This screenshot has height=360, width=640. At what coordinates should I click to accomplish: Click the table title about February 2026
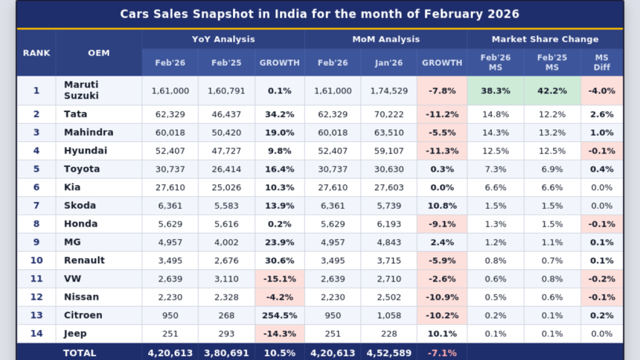(x=319, y=14)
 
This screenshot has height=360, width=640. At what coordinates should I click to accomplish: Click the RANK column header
(x=36, y=53)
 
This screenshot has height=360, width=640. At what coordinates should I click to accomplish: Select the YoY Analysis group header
(x=223, y=39)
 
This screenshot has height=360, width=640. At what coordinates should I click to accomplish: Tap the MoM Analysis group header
(x=386, y=39)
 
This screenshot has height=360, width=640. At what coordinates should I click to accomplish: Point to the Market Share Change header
(x=545, y=39)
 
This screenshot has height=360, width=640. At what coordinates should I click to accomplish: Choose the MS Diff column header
(x=602, y=62)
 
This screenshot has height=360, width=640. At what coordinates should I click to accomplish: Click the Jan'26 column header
(x=389, y=62)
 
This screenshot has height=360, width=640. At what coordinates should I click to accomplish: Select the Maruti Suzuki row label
(x=81, y=91)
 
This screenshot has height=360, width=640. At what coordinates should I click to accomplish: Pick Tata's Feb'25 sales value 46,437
(x=226, y=114)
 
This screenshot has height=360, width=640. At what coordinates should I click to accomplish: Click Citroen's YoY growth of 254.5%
(x=279, y=316)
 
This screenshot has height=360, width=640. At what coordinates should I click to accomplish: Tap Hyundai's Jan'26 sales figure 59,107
(x=389, y=151)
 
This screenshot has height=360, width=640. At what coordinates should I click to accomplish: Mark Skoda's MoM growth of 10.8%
(x=442, y=206)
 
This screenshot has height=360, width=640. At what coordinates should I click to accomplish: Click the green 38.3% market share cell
(x=496, y=91)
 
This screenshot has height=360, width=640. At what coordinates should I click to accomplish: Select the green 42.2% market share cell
(x=552, y=91)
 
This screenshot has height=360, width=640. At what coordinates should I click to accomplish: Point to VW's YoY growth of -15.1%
(x=279, y=279)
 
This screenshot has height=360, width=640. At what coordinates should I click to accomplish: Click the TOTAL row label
(x=79, y=353)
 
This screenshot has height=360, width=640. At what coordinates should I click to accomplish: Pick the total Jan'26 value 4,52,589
(x=389, y=353)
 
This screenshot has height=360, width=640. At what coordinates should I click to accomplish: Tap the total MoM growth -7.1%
(x=442, y=353)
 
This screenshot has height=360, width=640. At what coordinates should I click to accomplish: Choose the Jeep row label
(x=75, y=334)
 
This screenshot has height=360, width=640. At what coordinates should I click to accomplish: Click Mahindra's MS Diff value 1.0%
(x=602, y=132)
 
